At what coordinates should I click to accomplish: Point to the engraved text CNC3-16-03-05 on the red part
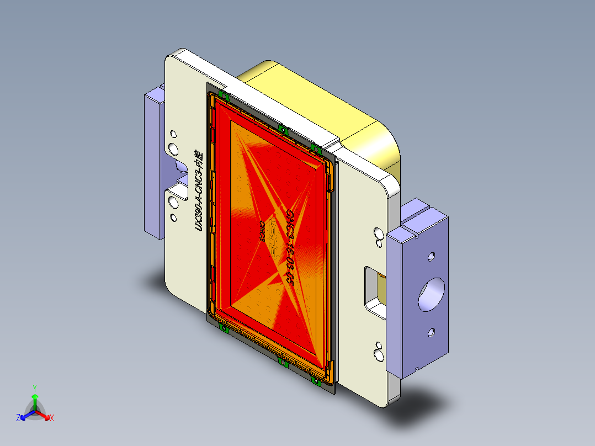tap(289, 246)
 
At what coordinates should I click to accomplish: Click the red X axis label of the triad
tap(52, 418)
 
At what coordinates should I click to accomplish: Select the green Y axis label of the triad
tap(35, 388)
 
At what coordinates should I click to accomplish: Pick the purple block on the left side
tap(153, 166)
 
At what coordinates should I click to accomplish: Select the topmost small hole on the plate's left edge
tap(173, 134)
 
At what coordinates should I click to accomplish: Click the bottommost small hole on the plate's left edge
tap(173, 217)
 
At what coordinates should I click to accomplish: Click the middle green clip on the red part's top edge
tap(283, 130)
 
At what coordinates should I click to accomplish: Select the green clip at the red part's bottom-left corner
tap(224, 329)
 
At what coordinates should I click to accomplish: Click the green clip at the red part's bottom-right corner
tap(316, 380)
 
